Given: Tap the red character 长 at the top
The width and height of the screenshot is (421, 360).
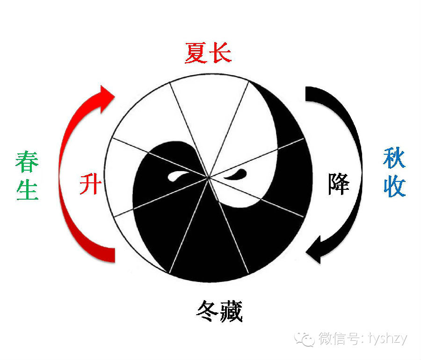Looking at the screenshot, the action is [x=220, y=53].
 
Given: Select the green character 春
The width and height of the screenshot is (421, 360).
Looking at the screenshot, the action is [x=27, y=162].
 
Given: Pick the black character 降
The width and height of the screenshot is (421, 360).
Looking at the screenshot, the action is [x=338, y=182].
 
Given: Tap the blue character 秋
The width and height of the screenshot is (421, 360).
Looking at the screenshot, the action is [x=394, y=159].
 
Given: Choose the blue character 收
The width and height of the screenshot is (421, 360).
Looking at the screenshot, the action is [x=394, y=186].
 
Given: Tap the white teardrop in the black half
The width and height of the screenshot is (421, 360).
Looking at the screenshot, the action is [x=178, y=176].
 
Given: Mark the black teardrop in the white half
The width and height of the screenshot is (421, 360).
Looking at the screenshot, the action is [x=237, y=175].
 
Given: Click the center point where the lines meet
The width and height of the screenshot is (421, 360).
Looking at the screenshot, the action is [x=208, y=177].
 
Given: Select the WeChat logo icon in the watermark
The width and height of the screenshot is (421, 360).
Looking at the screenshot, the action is [x=307, y=338].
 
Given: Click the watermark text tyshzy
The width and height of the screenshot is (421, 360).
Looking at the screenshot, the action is [x=388, y=338].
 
